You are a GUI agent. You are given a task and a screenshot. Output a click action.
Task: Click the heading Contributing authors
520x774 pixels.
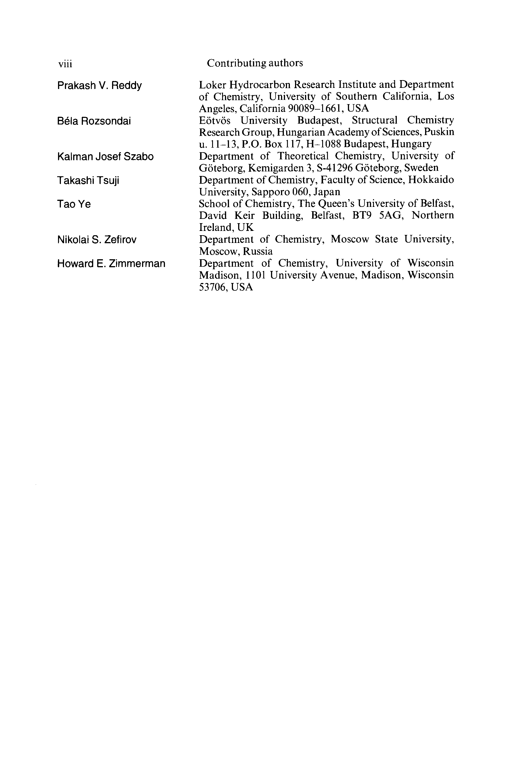(x=255, y=63)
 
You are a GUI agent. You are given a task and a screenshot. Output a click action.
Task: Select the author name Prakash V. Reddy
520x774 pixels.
(x=99, y=86)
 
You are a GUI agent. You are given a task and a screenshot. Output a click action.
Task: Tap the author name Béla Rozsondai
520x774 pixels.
(x=94, y=121)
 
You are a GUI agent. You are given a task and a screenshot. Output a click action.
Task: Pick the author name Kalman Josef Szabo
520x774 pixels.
(x=105, y=157)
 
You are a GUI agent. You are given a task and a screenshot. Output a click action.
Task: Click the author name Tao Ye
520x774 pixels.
(x=74, y=204)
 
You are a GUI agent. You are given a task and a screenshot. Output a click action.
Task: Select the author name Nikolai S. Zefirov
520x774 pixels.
(x=97, y=239)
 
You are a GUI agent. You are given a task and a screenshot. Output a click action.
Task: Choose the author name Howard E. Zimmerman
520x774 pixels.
(x=111, y=264)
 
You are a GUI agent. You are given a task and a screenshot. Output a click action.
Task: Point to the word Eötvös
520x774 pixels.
(x=215, y=120)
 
